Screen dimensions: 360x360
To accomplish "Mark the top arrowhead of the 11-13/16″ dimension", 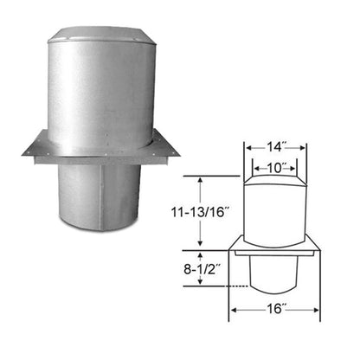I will (x=201, y=177).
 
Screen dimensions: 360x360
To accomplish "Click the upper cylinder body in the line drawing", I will (x=275, y=216).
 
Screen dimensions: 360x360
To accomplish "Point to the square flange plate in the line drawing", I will (x=275, y=252).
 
